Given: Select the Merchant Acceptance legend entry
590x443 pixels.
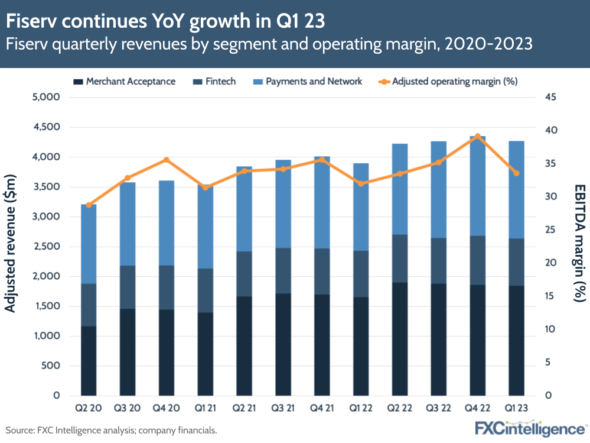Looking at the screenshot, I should (x=125, y=82).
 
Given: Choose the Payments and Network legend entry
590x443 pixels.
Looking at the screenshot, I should (x=308, y=82).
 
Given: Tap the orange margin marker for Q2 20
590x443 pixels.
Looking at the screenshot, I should (x=89, y=205).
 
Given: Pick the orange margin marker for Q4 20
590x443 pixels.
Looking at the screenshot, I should (x=167, y=160).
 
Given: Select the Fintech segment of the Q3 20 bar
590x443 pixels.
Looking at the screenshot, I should (x=128, y=287).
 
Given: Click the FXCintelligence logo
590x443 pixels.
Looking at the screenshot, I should (x=530, y=428).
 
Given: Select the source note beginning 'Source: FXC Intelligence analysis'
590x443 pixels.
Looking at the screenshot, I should (x=112, y=430).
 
